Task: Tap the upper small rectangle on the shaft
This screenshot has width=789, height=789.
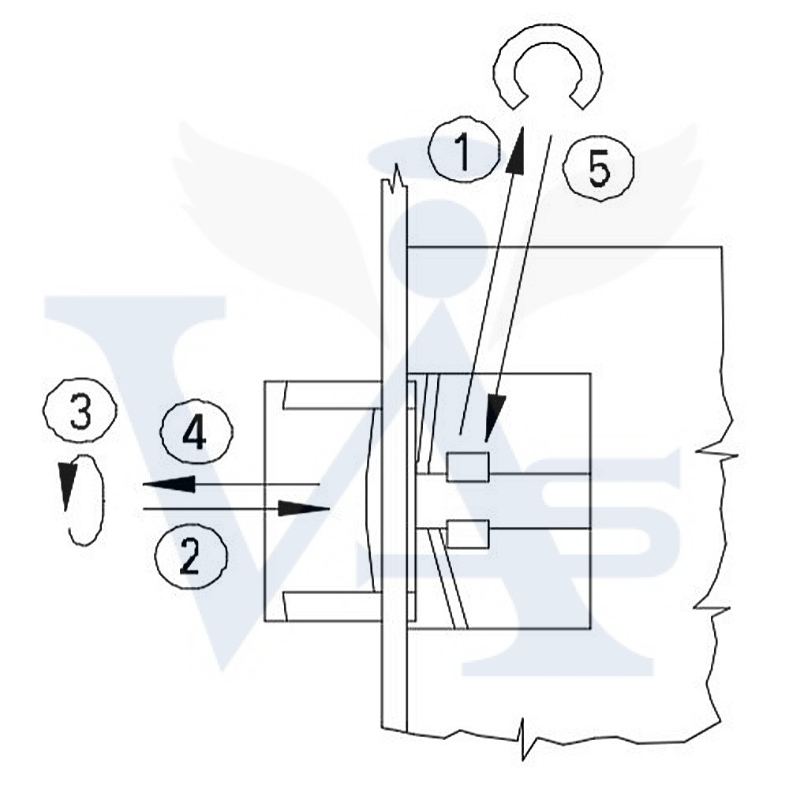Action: (468, 468)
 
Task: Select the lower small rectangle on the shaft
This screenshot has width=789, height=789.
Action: (468, 534)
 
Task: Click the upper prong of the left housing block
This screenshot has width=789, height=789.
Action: (331, 395)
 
